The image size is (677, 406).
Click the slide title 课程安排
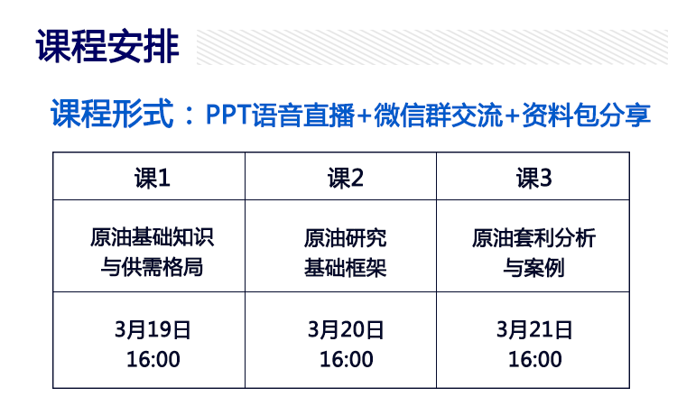pos(107,46)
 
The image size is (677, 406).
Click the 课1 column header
pos(153,178)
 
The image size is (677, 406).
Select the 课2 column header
pos(346,178)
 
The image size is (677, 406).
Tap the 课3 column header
pos(534,178)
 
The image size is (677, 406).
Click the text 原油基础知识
pos(152,237)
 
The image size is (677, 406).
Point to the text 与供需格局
pos(152,267)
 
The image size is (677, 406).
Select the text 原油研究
pos(345,237)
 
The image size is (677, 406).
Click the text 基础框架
pos(345,267)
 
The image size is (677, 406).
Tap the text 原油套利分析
pos(534,237)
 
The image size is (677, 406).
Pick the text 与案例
pos(534,267)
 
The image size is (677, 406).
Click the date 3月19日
pos(153,329)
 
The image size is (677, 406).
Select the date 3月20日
pos(346,329)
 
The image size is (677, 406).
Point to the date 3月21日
pos(534,329)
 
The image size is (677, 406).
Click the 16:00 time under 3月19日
pos(153,359)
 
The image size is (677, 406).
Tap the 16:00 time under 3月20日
pos(347,359)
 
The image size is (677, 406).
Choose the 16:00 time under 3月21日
pos(535,359)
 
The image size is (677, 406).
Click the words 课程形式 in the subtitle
pos(112,114)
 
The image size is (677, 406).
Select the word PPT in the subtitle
pos(228,115)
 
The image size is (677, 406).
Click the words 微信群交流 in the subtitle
pos(439,115)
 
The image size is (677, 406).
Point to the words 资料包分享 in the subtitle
pos(587,115)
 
